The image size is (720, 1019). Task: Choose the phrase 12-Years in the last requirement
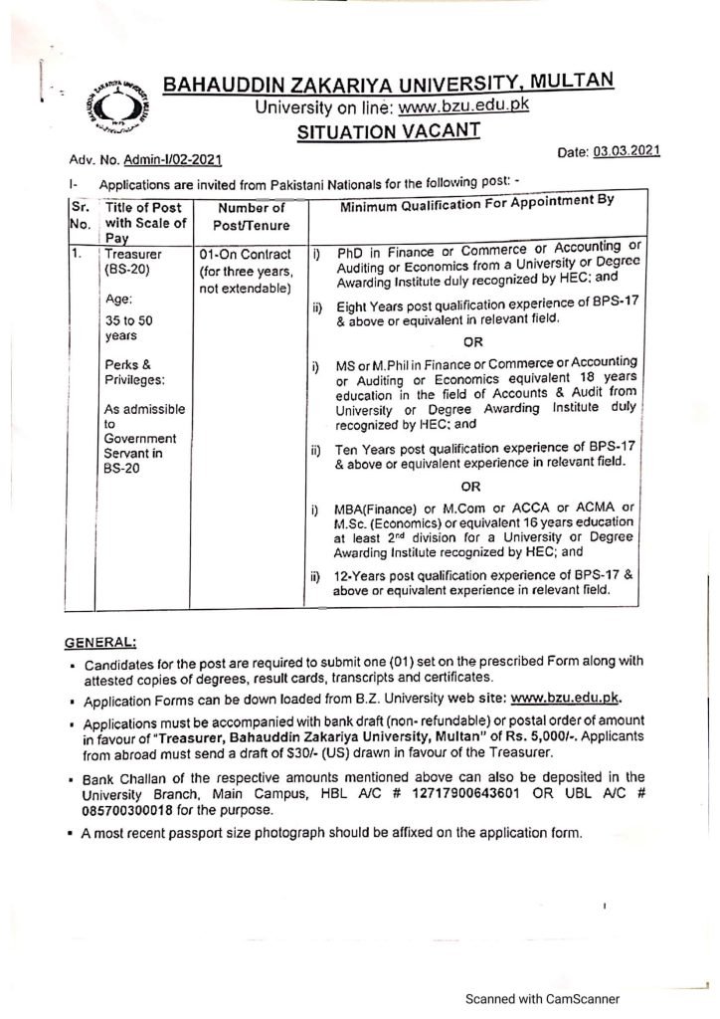(362, 576)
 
